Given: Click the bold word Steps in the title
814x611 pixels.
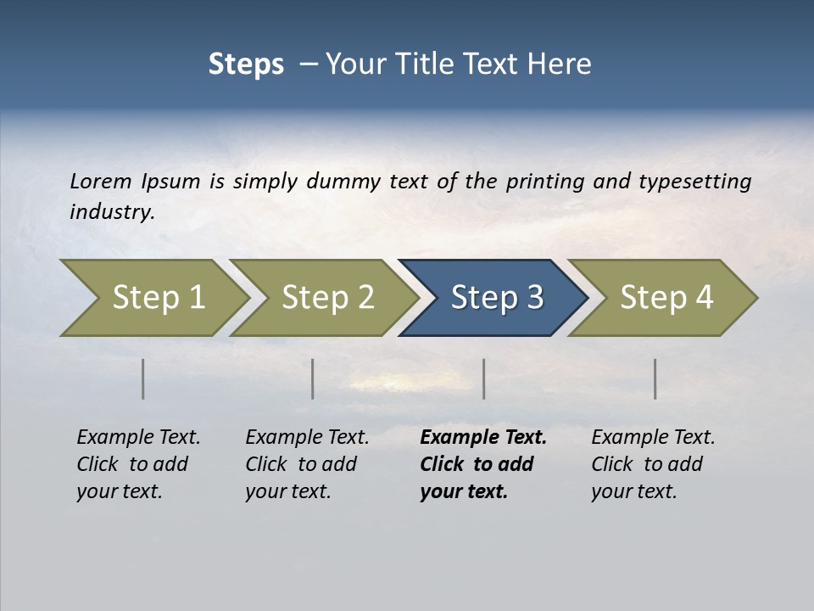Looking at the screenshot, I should pyautogui.click(x=246, y=64).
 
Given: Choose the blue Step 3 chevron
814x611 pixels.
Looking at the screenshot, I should pyautogui.click(x=496, y=297).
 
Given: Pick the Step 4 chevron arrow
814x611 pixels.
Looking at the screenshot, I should pyautogui.click(x=666, y=297).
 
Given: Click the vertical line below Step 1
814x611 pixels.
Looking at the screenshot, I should pyautogui.click(x=143, y=378).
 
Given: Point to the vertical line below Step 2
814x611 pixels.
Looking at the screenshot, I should pyautogui.click(x=313, y=378).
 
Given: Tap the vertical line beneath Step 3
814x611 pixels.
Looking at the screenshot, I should pyautogui.click(x=484, y=378).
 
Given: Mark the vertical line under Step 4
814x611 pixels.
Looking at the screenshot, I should pyautogui.click(x=655, y=378).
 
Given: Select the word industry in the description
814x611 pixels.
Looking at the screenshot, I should pyautogui.click(x=112, y=211).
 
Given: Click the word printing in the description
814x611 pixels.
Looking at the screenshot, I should pyautogui.click(x=543, y=181).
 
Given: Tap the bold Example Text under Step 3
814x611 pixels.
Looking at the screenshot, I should pyautogui.click(x=483, y=438).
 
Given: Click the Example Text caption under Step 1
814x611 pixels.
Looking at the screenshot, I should pyautogui.click(x=138, y=438).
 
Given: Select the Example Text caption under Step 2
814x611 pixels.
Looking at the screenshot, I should pyautogui.click(x=307, y=438).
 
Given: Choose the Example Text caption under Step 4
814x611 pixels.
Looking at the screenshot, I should pyautogui.click(x=653, y=438).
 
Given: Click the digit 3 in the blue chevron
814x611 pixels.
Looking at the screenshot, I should pyautogui.click(x=533, y=297).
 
